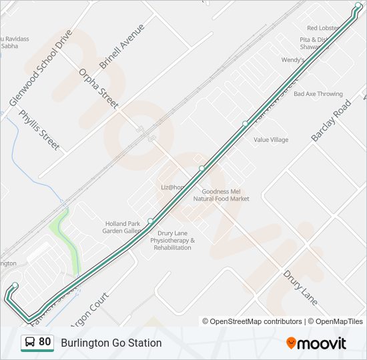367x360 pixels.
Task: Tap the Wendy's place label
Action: pyautogui.click(x=292, y=60)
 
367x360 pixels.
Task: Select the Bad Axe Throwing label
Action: pyautogui.click(x=318, y=94)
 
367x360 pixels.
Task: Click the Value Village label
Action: pyautogui.click(x=271, y=140)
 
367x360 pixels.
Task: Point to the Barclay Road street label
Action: pyautogui.click(x=331, y=121)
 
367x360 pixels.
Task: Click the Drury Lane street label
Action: pyautogui.click(x=300, y=287)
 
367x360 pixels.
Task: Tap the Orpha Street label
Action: pyautogui.click(x=98, y=88)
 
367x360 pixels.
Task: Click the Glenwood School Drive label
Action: pyautogui.click(x=40, y=67)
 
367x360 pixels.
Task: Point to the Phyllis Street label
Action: pyautogui.click(x=39, y=129)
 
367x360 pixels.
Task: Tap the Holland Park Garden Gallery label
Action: pyautogui.click(x=122, y=227)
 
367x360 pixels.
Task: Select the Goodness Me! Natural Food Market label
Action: pyautogui.click(x=221, y=195)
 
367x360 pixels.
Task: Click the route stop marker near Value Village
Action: pyautogui.click(x=245, y=123)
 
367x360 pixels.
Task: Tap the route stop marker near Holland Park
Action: pyautogui.click(x=151, y=221)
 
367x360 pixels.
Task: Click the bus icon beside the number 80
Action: pyautogui.click(x=29, y=343)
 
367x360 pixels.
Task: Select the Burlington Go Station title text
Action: pyautogui.click(x=111, y=343)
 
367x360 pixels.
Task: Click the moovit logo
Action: pyautogui.click(x=316, y=343)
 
